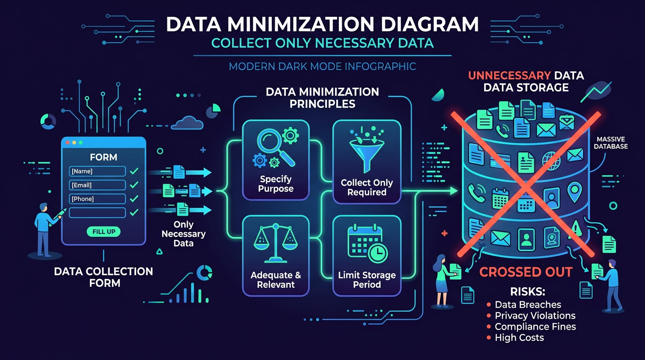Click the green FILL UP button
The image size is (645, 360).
[x=104, y=232]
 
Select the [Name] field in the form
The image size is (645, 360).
[x=97, y=171]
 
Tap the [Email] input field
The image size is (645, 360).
[x=97, y=185]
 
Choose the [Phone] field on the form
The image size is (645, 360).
[x=97, y=199]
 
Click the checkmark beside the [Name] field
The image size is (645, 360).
[x=134, y=171]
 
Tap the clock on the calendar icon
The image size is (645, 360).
[x=378, y=253]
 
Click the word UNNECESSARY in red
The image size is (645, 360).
[x=510, y=75]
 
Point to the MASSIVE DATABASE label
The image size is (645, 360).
[x=610, y=143]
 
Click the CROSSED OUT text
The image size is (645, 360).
[x=526, y=272]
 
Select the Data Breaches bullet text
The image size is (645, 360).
[x=528, y=304]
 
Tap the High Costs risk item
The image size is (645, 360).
[x=519, y=337]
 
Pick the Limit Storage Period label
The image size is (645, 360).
[x=367, y=280]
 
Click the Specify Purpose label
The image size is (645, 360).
[x=276, y=184]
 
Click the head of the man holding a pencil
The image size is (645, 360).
[x=44, y=207]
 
